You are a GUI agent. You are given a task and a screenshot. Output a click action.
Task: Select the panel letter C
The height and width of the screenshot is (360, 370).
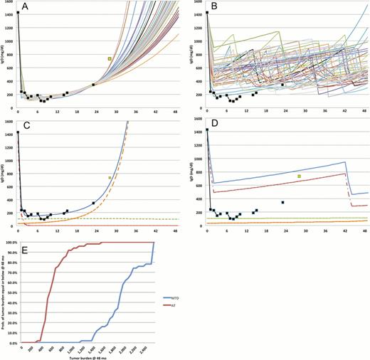(x=26, y=126)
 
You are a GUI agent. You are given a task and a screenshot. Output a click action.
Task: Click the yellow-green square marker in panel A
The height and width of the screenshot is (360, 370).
(x=110, y=58)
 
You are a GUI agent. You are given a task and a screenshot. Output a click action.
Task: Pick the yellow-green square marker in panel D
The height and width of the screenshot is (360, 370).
(x=299, y=176)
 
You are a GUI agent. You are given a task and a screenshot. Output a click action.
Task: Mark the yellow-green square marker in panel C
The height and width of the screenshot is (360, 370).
(x=110, y=177)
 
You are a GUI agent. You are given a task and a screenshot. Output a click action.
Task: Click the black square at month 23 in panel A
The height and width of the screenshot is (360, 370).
(x=93, y=85)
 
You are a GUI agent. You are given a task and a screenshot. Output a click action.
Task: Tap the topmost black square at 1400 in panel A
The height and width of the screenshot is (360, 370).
(x=18, y=13)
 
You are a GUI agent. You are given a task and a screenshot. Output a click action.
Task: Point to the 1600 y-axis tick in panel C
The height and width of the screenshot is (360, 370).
(x=9, y=122)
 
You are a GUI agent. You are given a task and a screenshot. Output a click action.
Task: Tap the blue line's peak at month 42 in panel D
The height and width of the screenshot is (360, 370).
(x=346, y=162)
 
